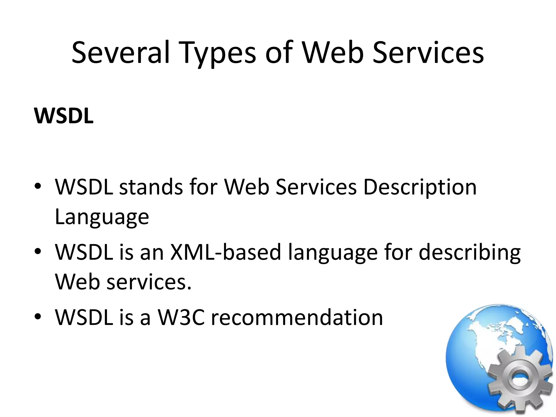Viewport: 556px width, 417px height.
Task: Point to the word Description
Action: click(x=420, y=187)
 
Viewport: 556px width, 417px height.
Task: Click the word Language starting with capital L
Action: click(x=102, y=217)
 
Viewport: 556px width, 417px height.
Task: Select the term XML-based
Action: click(x=225, y=252)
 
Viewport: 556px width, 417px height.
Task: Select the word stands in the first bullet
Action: click(x=151, y=187)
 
